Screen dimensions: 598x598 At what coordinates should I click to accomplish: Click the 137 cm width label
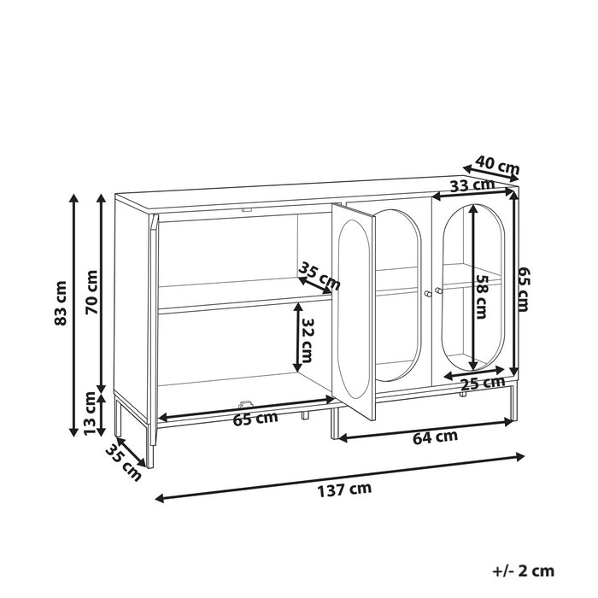click(x=344, y=490)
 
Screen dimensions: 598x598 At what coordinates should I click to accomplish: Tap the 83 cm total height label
click(x=61, y=303)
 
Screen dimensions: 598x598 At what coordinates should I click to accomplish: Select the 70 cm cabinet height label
click(x=91, y=292)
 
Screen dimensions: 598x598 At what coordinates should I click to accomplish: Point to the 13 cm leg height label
click(x=91, y=413)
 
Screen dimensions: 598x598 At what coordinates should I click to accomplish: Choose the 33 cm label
click(x=472, y=185)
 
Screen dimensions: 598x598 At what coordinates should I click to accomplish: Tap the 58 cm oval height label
click(x=480, y=296)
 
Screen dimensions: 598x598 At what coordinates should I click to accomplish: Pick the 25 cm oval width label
click(x=482, y=383)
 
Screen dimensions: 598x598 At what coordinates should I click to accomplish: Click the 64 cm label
click(x=435, y=437)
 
